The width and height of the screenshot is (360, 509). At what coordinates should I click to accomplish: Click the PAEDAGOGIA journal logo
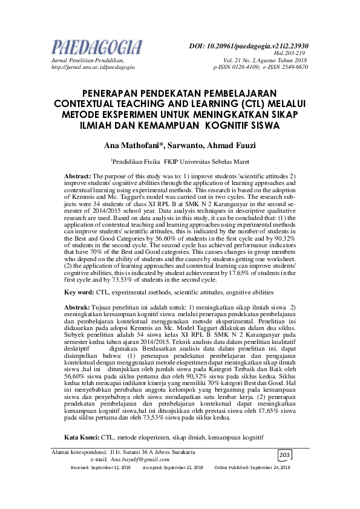tap(97, 47)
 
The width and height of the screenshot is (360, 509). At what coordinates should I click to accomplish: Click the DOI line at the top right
tap(249, 45)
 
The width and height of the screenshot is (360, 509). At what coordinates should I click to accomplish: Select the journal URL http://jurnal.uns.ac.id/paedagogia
tap(93, 67)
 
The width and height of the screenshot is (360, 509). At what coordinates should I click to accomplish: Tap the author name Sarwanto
tap(184, 146)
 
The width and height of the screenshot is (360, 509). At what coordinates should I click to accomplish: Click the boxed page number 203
tap(285, 455)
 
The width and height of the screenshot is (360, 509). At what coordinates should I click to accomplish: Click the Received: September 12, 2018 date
tap(100, 468)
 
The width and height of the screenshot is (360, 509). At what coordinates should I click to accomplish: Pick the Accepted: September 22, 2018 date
tap(172, 468)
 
